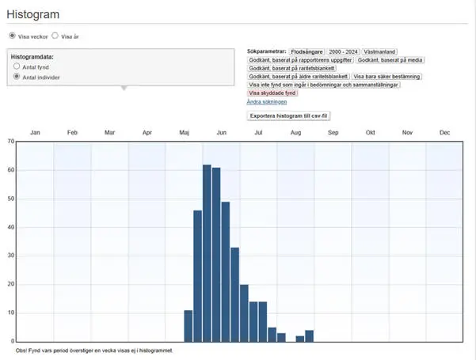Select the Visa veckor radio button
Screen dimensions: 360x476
12,36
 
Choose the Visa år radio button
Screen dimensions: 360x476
55,36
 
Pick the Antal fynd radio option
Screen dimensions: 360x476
17,67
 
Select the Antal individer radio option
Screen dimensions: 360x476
17,77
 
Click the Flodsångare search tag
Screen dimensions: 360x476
307,51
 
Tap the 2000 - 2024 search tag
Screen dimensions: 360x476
344,51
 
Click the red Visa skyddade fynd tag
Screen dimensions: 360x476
272,93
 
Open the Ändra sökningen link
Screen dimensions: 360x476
267,102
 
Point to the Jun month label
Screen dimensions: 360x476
221,132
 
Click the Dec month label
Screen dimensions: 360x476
444,132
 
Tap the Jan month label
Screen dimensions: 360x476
35,132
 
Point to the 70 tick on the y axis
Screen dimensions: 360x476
10,142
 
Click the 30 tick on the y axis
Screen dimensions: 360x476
10,256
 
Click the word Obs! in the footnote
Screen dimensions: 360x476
22,349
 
